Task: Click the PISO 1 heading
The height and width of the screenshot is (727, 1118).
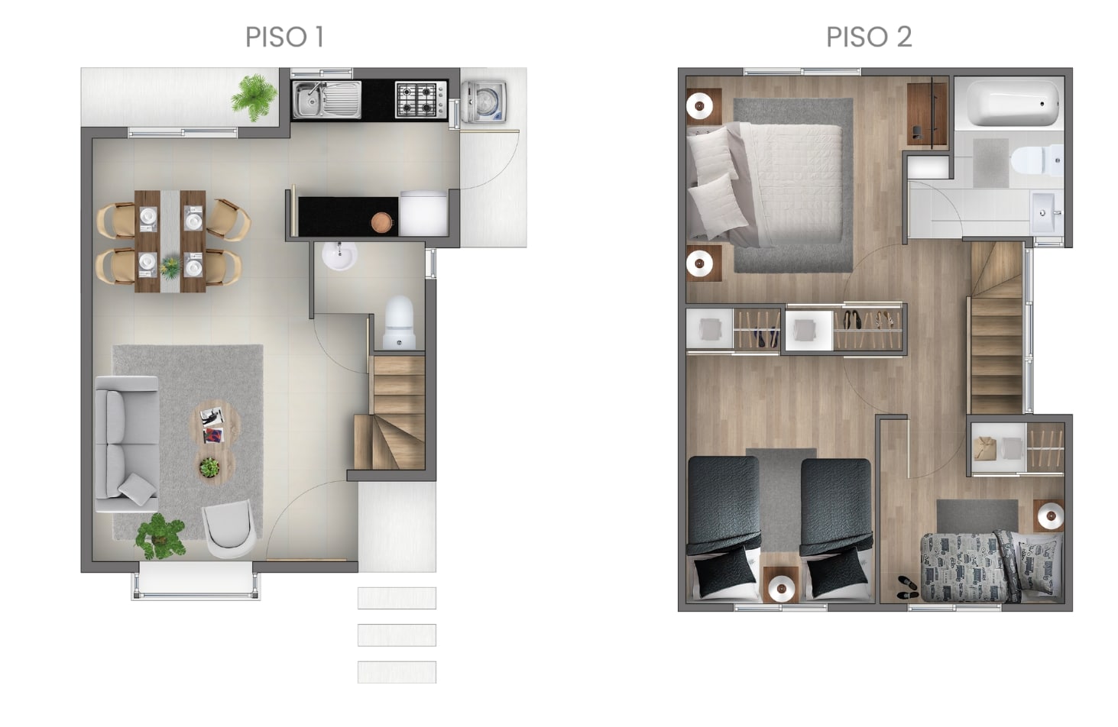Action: [x=285, y=37]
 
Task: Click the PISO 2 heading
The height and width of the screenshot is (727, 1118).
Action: [x=869, y=37]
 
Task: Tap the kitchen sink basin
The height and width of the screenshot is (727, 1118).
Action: [x=327, y=100]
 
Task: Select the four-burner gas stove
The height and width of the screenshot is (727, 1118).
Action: [x=421, y=100]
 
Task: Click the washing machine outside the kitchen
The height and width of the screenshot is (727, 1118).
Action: [x=484, y=102]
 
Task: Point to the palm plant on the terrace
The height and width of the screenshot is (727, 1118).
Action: [x=254, y=97]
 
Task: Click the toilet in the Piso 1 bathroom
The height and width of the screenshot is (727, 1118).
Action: [x=399, y=322]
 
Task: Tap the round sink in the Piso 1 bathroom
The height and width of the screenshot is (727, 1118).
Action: [x=339, y=256]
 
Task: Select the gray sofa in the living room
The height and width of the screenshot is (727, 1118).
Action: [x=128, y=444]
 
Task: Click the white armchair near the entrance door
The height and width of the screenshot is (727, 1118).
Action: [x=228, y=528]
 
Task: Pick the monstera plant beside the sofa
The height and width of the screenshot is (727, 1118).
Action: [x=160, y=537]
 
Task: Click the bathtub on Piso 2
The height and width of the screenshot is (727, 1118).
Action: [x=1013, y=103]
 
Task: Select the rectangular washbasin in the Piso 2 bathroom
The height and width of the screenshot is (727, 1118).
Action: [x=1046, y=213]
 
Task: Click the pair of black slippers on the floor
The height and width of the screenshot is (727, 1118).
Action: [x=907, y=587]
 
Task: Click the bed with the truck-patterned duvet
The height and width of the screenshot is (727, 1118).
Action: [x=992, y=568]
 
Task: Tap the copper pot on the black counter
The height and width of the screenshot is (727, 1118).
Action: [x=382, y=222]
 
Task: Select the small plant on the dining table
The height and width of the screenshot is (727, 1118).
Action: [x=170, y=267]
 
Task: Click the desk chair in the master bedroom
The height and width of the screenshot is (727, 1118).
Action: [x=917, y=132]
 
